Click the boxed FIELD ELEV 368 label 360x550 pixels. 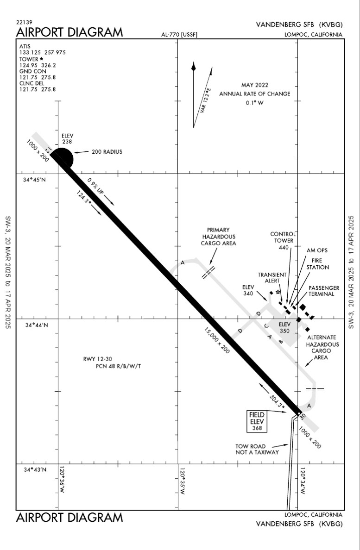(257, 421)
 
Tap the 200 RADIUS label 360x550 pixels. (107, 152)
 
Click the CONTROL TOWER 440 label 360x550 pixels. (283, 241)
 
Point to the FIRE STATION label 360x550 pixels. (318, 264)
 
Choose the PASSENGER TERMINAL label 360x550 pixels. (324, 291)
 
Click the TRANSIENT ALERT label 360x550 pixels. (272, 277)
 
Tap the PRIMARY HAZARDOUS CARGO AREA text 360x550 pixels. (218, 237)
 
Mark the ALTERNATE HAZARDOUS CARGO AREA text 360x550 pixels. (322, 347)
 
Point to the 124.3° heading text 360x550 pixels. (84, 198)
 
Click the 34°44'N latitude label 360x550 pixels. (36, 325)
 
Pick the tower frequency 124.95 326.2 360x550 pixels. (38, 65)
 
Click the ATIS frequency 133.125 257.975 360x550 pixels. (43, 53)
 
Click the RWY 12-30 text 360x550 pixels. (98, 359)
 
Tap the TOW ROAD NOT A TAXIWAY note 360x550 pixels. (257, 450)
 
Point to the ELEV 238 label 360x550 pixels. (67, 138)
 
